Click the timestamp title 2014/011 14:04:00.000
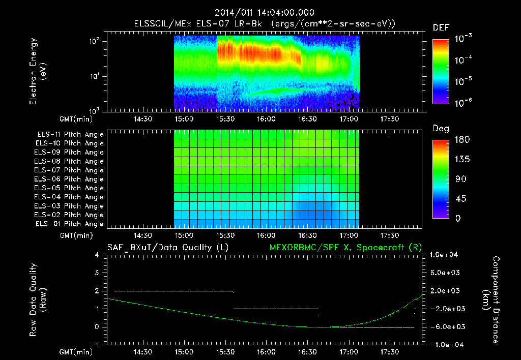pyautogui.click(x=265, y=13)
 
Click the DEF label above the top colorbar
pyautogui.click(x=441, y=28)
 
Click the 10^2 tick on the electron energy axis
pyautogui.click(x=94, y=42)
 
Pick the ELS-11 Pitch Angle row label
pyautogui.click(x=70, y=135)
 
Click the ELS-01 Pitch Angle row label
pyautogui.click(x=70, y=224)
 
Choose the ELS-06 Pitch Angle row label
pyautogui.click(x=70, y=179)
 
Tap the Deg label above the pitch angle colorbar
pyautogui.click(x=441, y=129)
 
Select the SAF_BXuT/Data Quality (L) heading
pyautogui.click(x=167, y=247)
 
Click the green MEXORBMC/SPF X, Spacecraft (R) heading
pyautogui.click(x=341, y=247)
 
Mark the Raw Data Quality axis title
pyautogui.click(x=38, y=299)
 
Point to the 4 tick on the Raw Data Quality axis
pyautogui.click(x=98, y=254)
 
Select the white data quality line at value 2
pyautogui.click(x=173, y=291)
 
